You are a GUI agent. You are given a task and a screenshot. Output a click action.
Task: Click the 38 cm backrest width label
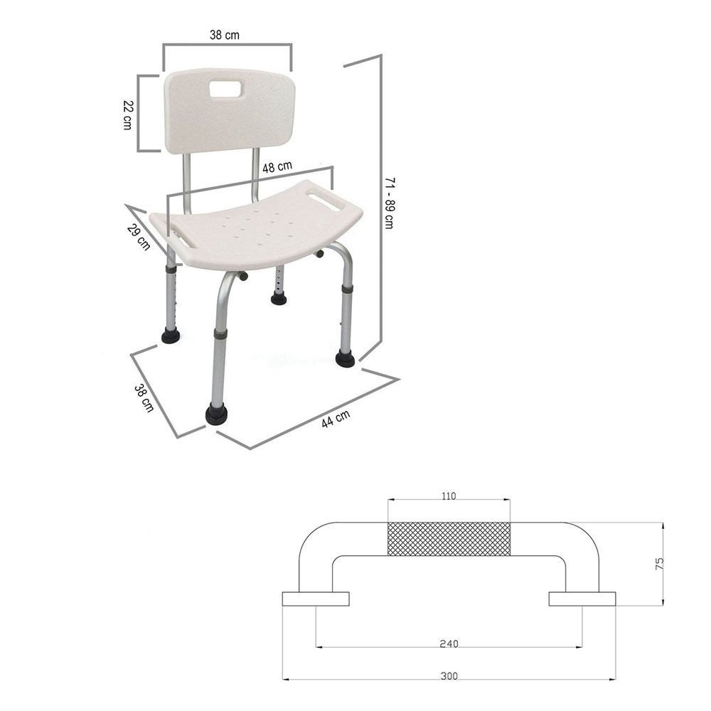click(x=226, y=35)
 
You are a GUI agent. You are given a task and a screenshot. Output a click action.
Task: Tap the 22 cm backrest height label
click(x=127, y=114)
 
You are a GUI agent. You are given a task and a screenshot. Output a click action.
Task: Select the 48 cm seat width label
click(x=277, y=167)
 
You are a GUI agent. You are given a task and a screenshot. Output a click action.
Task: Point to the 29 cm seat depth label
click(x=139, y=237)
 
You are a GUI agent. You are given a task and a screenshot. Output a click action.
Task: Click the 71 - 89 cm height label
click(x=389, y=203)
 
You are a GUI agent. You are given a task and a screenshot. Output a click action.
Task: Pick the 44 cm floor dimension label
click(x=335, y=419)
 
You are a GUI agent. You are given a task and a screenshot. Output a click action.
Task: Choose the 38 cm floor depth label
click(x=144, y=398)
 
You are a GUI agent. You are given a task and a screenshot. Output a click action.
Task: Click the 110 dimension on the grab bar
click(x=448, y=496)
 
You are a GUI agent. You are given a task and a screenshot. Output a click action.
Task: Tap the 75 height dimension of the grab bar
click(x=660, y=564)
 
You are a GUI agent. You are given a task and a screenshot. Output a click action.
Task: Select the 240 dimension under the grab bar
click(x=449, y=643)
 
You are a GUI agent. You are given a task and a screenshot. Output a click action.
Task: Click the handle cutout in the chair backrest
click(x=226, y=90)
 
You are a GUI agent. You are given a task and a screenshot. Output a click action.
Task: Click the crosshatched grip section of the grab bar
click(x=449, y=539)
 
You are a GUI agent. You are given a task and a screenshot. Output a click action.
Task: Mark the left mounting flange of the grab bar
click(x=316, y=599)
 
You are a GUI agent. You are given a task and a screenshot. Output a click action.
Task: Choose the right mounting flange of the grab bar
click(x=582, y=599)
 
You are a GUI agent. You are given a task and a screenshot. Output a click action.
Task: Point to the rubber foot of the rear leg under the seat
click(x=279, y=298)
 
